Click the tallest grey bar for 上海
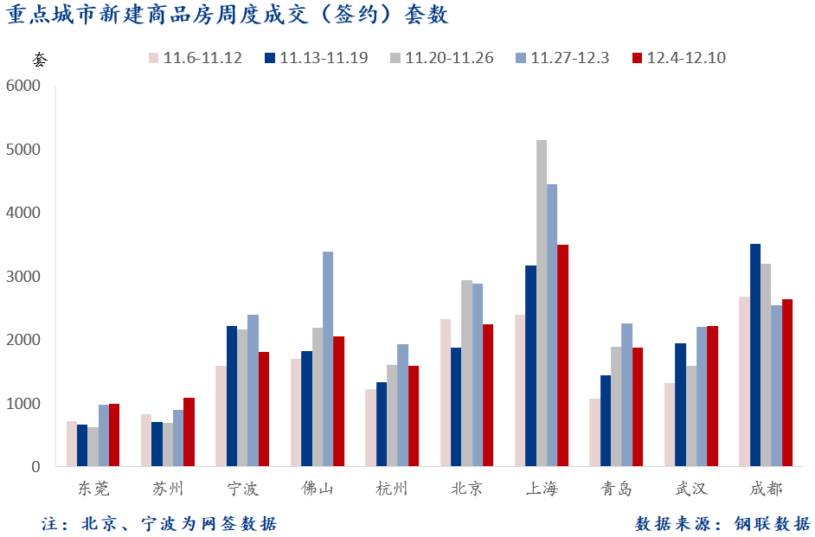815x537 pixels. [x=542, y=303]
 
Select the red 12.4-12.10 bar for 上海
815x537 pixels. [x=562, y=355]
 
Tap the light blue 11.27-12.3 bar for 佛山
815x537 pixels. [x=328, y=359]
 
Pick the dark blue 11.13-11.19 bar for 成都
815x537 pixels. [x=755, y=355]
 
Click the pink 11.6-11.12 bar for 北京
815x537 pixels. [x=446, y=393]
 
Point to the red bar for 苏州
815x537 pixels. [x=189, y=432]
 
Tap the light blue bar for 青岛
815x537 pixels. [x=626, y=394]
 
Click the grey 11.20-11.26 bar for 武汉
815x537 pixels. [x=691, y=416]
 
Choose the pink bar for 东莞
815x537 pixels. [x=72, y=444]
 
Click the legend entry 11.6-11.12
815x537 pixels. [x=195, y=59]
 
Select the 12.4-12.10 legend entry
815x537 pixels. [x=678, y=59]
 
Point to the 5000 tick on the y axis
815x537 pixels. [x=23, y=150]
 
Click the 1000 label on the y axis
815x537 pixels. [x=23, y=404]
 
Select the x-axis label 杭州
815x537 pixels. [x=392, y=489]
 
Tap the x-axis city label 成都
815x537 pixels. [x=766, y=489]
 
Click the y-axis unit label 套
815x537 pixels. [x=41, y=60]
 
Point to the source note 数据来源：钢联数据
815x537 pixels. [x=722, y=523]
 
